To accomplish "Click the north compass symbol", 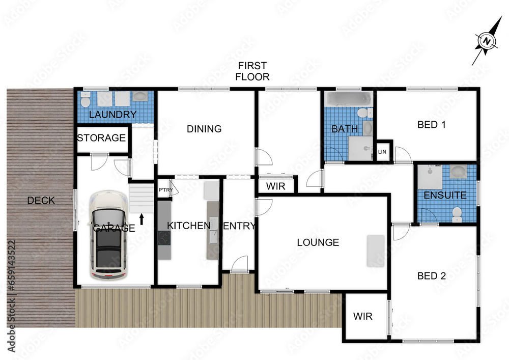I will (x=487, y=41).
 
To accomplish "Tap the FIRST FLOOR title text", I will (x=252, y=71).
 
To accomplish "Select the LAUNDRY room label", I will (x=112, y=115).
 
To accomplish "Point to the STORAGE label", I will (x=101, y=137).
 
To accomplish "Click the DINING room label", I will (x=204, y=129).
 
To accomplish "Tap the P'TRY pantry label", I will (x=165, y=190).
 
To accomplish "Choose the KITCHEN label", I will (x=188, y=226).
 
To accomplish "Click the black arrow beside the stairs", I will (x=142, y=219).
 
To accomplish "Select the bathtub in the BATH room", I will (x=349, y=98).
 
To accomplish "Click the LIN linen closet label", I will (x=381, y=152).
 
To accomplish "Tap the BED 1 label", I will (x=431, y=124).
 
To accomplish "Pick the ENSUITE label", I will (x=445, y=195).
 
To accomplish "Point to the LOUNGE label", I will (x=318, y=242).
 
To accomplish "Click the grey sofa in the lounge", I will (x=376, y=251).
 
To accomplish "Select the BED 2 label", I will (x=431, y=276).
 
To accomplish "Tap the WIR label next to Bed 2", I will (x=362, y=316).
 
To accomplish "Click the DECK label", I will (x=41, y=201).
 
